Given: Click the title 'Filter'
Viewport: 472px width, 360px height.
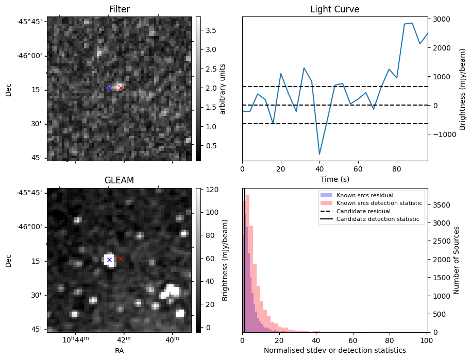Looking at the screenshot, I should click(x=119, y=9).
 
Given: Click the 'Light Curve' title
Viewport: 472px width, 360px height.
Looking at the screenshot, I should click(x=334, y=9).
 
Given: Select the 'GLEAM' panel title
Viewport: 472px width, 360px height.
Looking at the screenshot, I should click(x=119, y=180).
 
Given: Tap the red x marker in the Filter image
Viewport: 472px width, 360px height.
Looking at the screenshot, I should click(x=121, y=88).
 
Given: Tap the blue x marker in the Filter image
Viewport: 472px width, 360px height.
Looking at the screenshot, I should click(x=109, y=88).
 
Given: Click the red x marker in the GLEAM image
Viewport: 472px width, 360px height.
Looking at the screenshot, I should click(x=121, y=259).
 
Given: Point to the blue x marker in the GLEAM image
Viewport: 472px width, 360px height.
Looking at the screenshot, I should click(x=109, y=260).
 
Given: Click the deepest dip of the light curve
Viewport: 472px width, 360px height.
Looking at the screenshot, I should click(x=319, y=154).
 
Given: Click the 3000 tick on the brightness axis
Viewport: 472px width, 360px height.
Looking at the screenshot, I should click(x=441, y=19).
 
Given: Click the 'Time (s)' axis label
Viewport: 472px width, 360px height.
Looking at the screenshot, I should click(x=334, y=178).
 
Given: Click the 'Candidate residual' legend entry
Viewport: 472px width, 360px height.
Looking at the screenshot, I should click(x=363, y=212).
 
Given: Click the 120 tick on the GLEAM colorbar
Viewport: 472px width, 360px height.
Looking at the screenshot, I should click(x=211, y=190).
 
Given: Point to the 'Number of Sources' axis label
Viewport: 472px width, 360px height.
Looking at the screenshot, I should click(x=456, y=260).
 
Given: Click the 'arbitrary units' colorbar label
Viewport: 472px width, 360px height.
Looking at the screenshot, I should click(x=223, y=89).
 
